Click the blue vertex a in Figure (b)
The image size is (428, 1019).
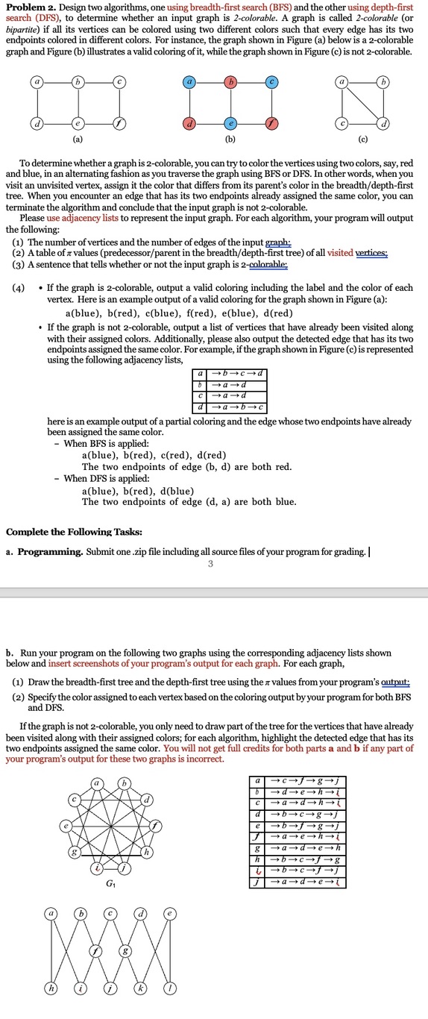click(x=191, y=81)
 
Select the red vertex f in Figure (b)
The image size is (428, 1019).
click(x=274, y=122)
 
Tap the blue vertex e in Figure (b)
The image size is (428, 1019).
click(x=233, y=122)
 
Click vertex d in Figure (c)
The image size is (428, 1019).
click(x=385, y=122)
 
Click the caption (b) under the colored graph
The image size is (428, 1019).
click(x=233, y=139)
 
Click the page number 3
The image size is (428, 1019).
click(x=210, y=563)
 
